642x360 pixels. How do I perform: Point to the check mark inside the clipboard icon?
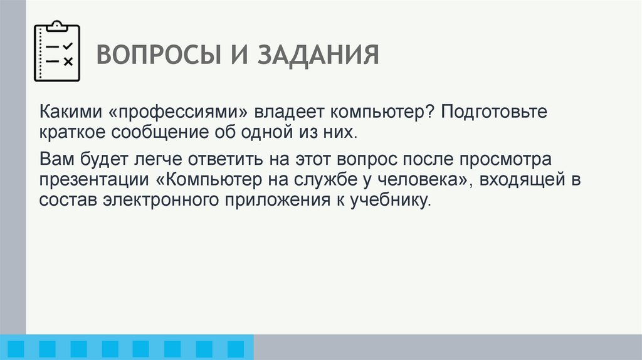click(x=68, y=46)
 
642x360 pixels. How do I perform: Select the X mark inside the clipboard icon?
click(x=68, y=61)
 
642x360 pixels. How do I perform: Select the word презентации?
click(x=92, y=179)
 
